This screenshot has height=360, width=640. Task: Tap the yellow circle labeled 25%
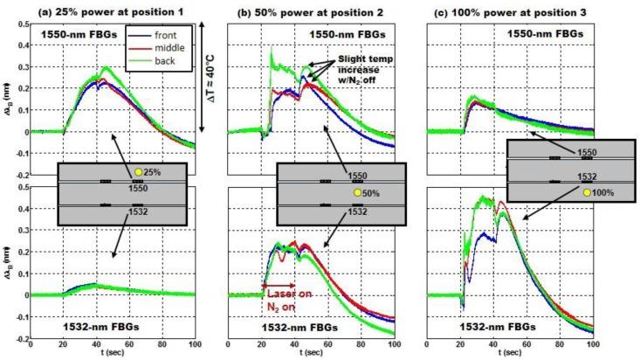click(x=138, y=172)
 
